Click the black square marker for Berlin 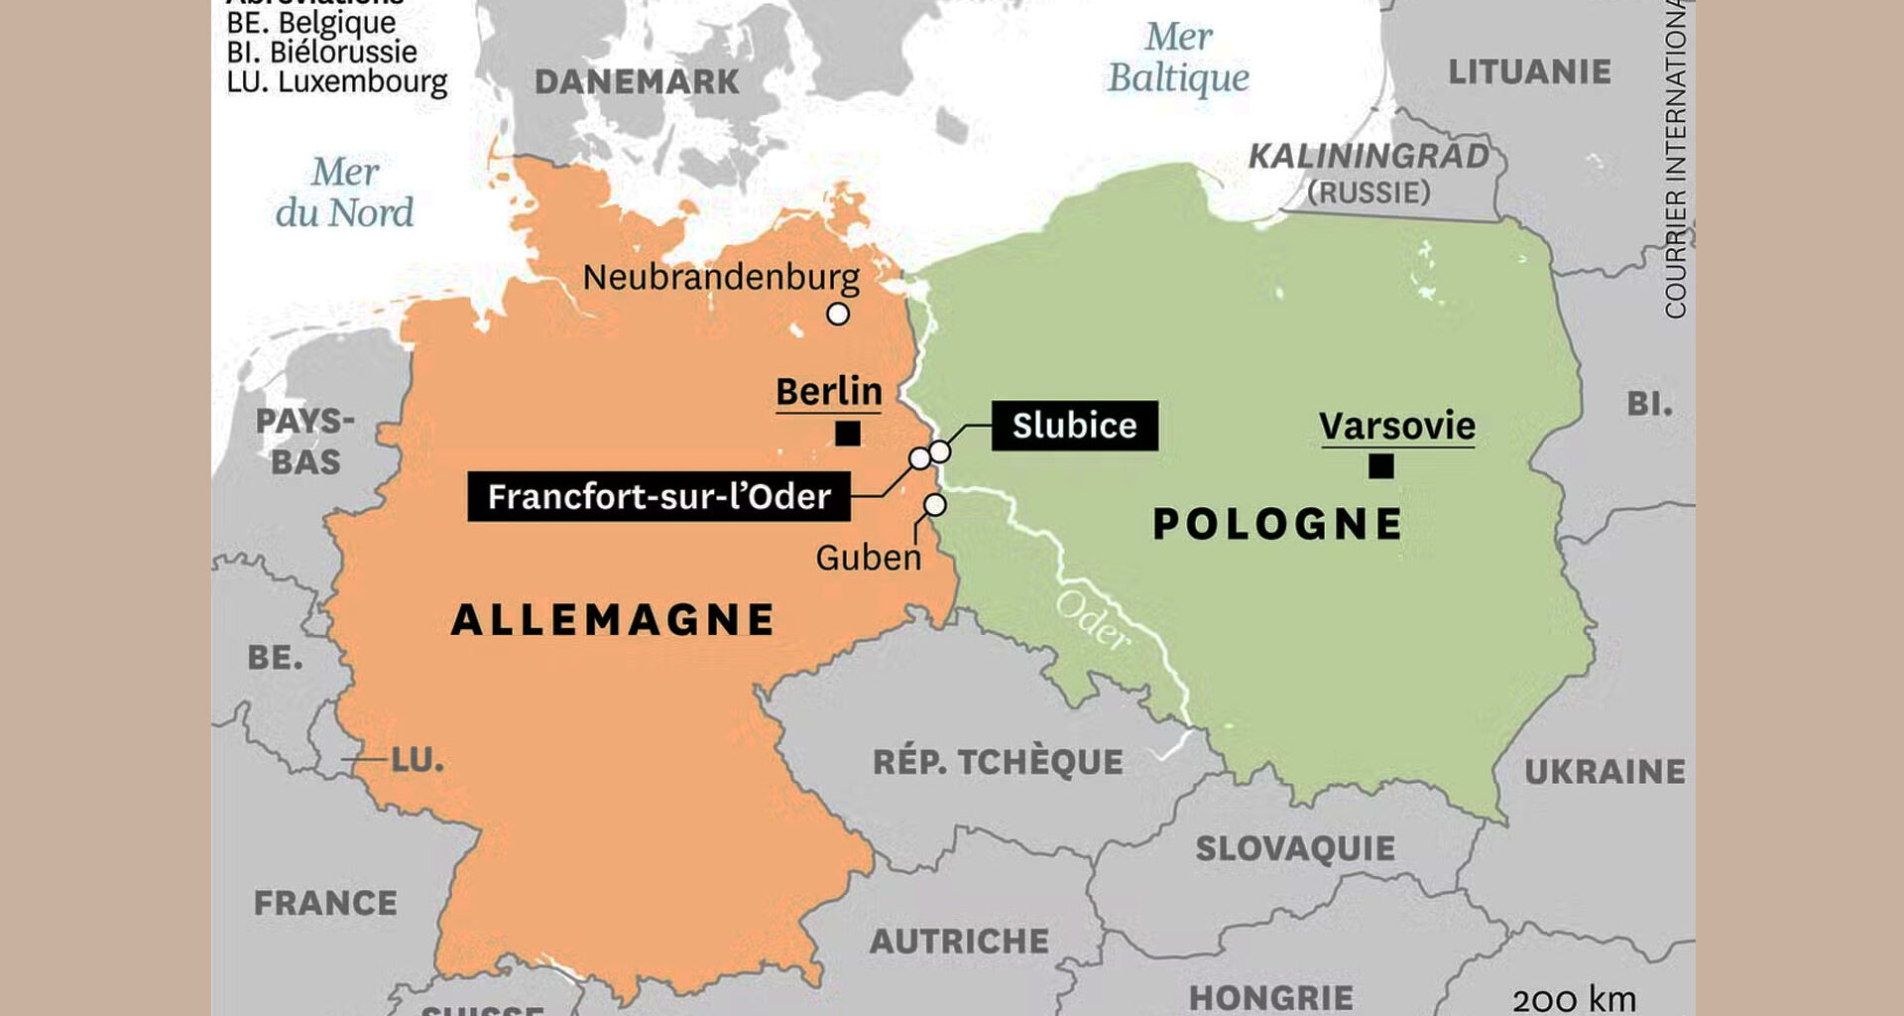tap(848, 434)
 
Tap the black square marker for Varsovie tap(1380, 465)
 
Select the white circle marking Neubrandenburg tap(838, 315)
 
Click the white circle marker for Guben tap(934, 505)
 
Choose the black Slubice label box tap(1074, 426)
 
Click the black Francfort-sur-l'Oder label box tap(658, 496)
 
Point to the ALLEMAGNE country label tap(613, 620)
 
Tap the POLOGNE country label tap(1277, 524)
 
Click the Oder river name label tap(1092, 620)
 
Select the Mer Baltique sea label tap(1178, 58)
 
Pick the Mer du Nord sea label tap(344, 192)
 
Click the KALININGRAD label tap(1368, 157)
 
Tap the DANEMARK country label tap(637, 81)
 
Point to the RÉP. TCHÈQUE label tap(998, 762)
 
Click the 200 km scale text tap(1574, 998)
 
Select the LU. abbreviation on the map tap(417, 760)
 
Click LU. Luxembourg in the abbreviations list tap(337, 81)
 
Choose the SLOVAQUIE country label tap(1295, 848)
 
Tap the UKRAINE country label tap(1605, 771)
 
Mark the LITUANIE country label tap(1529, 71)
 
